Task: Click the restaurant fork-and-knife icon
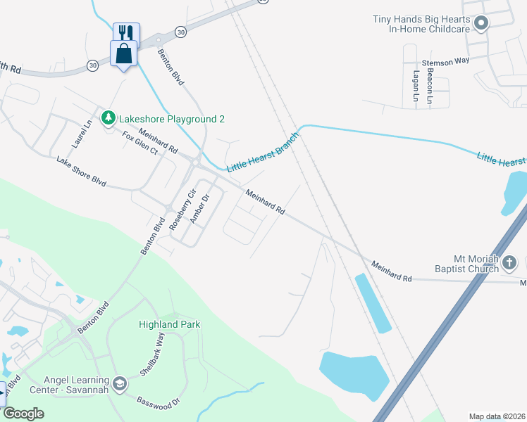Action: [x=126, y=32]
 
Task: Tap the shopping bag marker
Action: [x=124, y=53]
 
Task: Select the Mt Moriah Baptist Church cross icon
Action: [x=510, y=264]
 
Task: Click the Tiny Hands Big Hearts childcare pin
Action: [x=481, y=25]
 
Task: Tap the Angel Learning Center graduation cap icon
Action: [x=119, y=383]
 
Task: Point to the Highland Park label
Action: [x=169, y=324]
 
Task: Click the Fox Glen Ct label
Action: [x=141, y=143]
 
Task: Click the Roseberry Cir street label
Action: [x=183, y=206]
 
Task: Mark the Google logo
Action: [x=23, y=414]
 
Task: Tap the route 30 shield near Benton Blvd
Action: [x=181, y=32]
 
